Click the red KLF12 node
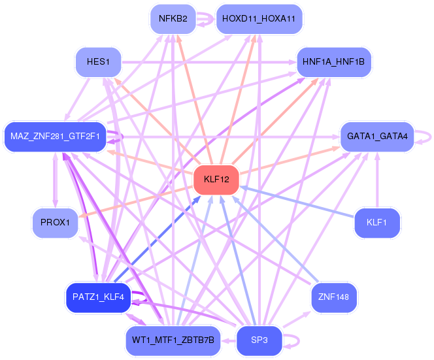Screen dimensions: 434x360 (216, 179)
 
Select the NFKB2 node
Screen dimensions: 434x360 (173, 19)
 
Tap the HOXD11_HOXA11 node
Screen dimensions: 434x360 (259, 19)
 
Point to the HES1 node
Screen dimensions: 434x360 (98, 61)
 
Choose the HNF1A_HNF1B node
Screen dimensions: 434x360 (333, 61)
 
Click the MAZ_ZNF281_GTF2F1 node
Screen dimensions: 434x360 (55, 137)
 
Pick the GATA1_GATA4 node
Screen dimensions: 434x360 (377, 137)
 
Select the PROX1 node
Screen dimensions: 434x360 (55, 223)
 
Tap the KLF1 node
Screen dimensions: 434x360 (376, 223)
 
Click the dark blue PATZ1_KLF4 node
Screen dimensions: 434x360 (98, 297)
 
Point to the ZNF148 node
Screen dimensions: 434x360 (333, 297)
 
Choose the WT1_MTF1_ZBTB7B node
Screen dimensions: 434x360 (173, 340)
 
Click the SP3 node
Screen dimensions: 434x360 (259, 340)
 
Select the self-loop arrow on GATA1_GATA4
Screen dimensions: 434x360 (430, 137)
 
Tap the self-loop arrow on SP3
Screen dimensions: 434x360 (299, 341)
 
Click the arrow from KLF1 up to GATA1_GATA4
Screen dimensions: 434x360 (377, 180)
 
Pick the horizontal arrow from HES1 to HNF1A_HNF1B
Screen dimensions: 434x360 (209, 62)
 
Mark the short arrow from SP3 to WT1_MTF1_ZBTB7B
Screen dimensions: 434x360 (228, 340)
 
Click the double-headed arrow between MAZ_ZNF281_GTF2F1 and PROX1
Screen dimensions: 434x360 (56, 180)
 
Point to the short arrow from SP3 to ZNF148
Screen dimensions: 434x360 (297, 319)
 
